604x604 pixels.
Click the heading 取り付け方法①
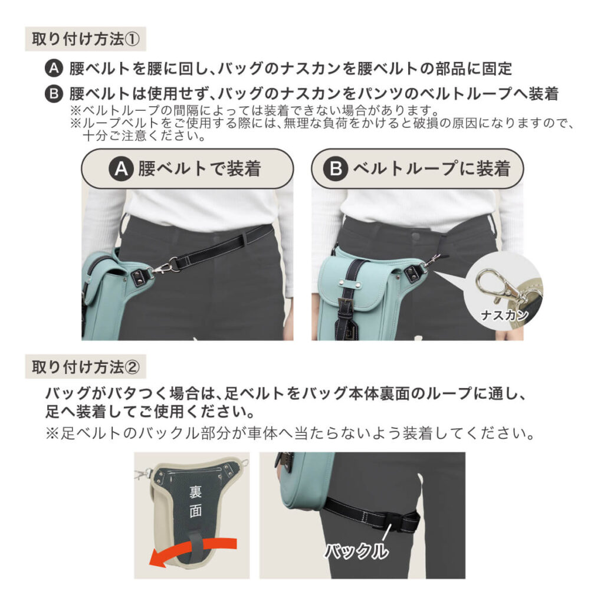86,39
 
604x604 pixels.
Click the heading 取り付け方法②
86,367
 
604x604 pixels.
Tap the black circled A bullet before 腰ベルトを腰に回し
54,68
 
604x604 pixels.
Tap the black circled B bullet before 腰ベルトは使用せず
54,94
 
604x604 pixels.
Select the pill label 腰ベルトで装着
187,169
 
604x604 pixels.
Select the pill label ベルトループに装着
417,169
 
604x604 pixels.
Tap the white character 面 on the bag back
195,511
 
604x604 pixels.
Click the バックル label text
357,552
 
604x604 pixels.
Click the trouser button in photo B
415,235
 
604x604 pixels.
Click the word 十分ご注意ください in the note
145,136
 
